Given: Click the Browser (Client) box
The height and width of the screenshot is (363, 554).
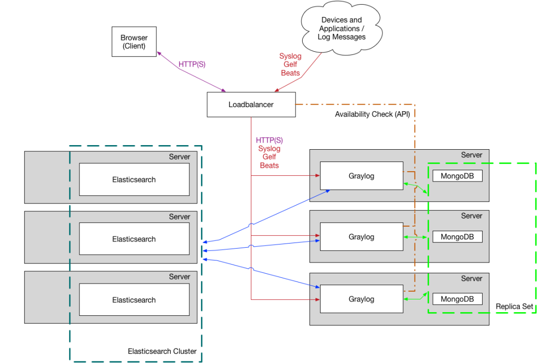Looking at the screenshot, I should pyautogui.click(x=134, y=42).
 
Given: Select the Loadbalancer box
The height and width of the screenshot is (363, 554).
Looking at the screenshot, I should pyautogui.click(x=251, y=105).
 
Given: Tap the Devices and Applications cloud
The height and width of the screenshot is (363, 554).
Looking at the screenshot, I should pyautogui.click(x=342, y=29).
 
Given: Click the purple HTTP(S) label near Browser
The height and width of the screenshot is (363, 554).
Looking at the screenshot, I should pyautogui.click(x=192, y=65).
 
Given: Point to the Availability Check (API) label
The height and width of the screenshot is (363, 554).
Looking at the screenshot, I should pyautogui.click(x=372, y=114).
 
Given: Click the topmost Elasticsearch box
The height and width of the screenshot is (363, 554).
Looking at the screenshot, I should pyautogui.click(x=134, y=179).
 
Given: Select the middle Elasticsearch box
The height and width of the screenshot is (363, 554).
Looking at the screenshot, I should pyautogui.click(x=134, y=239).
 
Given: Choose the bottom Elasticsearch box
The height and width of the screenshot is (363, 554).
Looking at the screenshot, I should pyautogui.click(x=134, y=300).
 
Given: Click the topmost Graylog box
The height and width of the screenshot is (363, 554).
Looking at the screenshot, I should pyautogui.click(x=361, y=176).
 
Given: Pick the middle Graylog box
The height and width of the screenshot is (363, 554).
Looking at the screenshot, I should pyautogui.click(x=361, y=237).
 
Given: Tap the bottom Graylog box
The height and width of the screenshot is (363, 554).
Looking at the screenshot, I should pyautogui.click(x=361, y=299).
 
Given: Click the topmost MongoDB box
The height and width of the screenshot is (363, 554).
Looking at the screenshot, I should pyautogui.click(x=457, y=176).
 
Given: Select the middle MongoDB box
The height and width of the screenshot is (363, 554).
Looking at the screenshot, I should pyautogui.click(x=457, y=237).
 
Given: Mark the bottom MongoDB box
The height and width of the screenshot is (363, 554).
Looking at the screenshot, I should pyautogui.click(x=457, y=299).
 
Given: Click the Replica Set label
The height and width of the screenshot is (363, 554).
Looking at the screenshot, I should pyautogui.click(x=515, y=307).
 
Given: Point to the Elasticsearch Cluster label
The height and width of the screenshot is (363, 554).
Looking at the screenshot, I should pyautogui.click(x=162, y=351).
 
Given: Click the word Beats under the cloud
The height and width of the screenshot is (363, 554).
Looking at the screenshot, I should pyautogui.click(x=290, y=73).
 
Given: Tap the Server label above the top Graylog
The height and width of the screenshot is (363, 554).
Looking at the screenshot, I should pyautogui.click(x=471, y=155).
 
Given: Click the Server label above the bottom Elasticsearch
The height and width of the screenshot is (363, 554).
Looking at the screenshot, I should pyautogui.click(x=180, y=277).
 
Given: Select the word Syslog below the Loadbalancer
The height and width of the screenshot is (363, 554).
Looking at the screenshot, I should pyautogui.click(x=269, y=149).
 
